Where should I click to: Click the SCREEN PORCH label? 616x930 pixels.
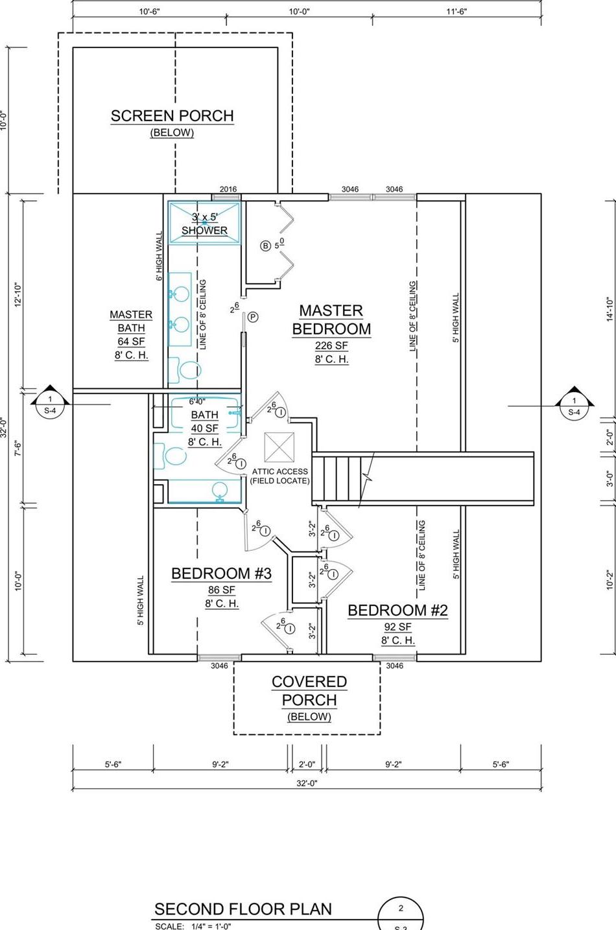click(172, 116)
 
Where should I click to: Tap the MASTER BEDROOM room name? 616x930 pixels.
click(331, 320)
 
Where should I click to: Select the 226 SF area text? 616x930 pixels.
click(331, 345)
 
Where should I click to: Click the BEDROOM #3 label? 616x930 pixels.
click(221, 573)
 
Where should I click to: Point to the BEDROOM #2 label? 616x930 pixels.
click(397, 610)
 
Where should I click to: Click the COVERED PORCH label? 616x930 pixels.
click(309, 691)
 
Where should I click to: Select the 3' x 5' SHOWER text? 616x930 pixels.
click(204, 224)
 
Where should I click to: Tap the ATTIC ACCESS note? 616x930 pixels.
click(280, 476)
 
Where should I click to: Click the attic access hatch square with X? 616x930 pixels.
click(279, 447)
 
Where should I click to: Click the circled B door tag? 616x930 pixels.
click(265, 246)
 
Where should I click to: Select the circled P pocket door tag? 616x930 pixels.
click(253, 317)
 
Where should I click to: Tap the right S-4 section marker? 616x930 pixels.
click(574, 405)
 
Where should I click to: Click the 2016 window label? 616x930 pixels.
click(228, 189)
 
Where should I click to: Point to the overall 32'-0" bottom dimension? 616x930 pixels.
click(307, 783)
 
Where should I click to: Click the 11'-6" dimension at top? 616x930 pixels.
click(456, 11)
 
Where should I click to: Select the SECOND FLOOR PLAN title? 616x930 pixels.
click(243, 909)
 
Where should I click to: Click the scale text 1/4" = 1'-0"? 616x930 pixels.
click(207, 926)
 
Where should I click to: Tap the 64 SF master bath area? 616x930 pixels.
click(131, 342)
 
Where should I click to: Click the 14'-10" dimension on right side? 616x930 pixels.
click(610, 310)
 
